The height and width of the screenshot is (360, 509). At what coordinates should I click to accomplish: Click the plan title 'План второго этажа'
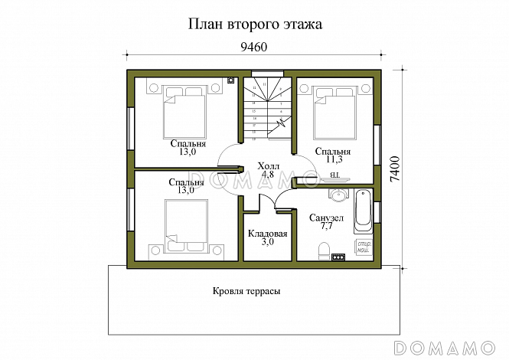(x=255, y=24)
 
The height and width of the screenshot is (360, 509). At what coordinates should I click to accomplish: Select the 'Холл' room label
(x=268, y=165)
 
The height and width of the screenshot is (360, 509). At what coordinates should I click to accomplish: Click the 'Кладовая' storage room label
(x=268, y=234)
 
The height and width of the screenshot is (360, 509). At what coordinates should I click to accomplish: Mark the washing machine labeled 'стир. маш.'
(x=363, y=247)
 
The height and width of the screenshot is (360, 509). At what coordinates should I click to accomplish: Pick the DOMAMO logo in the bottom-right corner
(x=456, y=345)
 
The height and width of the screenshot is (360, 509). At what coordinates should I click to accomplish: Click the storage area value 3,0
(x=267, y=242)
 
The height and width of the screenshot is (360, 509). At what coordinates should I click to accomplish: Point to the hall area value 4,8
(x=268, y=175)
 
